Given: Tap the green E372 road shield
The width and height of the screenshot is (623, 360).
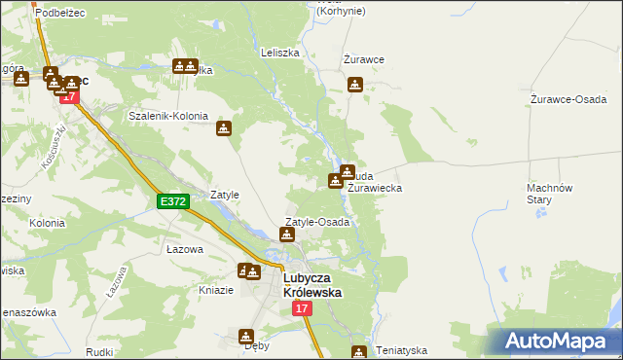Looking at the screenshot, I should coord(172,201).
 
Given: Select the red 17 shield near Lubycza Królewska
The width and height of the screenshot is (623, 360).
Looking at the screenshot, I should coord(302,308).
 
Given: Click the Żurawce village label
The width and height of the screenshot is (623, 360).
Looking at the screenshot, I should coord(364,59).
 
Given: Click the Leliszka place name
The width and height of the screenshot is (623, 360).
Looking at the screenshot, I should coord(279,53).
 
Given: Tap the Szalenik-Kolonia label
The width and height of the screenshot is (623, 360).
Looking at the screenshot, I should coord(168,116).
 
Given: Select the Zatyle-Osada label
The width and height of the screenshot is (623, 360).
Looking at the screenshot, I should coord(316,222).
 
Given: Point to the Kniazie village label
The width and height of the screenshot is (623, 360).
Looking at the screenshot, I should coord(216,290).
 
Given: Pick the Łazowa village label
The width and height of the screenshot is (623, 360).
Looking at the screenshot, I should coord(184,250).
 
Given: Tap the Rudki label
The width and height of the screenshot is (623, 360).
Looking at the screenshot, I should coord(99,352).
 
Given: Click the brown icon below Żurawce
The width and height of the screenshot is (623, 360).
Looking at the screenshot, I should coord(355,85).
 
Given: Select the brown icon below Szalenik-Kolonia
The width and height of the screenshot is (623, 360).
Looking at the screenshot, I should coord(224,128).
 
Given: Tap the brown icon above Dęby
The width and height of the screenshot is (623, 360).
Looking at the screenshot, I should coord(245,337).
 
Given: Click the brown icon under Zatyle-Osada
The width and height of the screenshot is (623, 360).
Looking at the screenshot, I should coord(287,234).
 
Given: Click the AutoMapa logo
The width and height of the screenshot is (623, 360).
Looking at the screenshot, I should coord(555,342).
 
